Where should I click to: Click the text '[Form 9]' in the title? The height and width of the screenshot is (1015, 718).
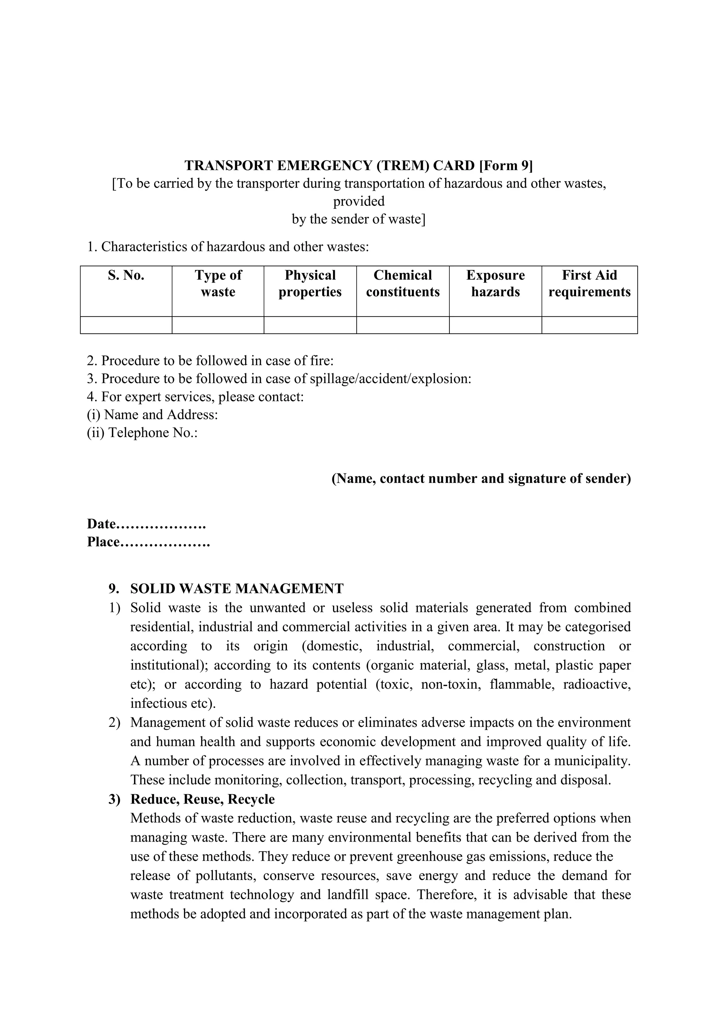click(506, 165)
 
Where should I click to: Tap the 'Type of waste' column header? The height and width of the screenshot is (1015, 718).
click(218, 284)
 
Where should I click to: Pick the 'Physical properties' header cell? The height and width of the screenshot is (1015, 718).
click(310, 284)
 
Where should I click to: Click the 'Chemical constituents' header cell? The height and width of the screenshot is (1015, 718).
click(403, 284)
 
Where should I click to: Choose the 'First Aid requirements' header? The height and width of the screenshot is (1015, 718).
click(589, 284)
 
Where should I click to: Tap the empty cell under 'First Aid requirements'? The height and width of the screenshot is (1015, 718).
click(589, 325)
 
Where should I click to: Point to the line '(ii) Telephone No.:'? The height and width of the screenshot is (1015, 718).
click(142, 432)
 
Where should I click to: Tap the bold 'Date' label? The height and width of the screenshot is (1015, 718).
click(101, 524)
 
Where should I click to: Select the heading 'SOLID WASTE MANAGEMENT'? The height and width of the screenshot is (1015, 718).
click(237, 589)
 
